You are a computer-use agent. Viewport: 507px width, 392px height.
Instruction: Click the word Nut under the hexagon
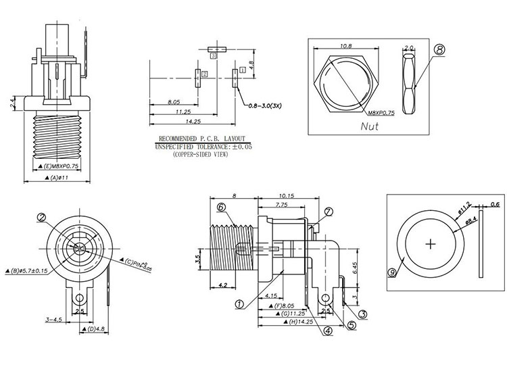tap(370, 126)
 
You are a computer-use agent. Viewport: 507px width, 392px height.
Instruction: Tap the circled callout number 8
tap(439, 50)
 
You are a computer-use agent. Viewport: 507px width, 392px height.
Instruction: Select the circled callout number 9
tap(393, 272)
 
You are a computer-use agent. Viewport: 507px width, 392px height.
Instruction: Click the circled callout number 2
tap(42, 218)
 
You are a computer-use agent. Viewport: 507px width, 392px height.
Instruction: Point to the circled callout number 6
tap(221, 206)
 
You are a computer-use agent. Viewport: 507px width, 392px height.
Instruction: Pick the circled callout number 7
tap(329, 212)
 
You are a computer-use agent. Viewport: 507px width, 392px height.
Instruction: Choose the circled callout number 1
tap(240, 304)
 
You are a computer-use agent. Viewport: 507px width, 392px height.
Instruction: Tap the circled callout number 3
tap(362, 314)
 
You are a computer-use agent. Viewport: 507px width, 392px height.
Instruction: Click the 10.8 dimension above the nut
tap(346, 46)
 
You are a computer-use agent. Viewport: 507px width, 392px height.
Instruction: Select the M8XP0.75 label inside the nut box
tap(383, 112)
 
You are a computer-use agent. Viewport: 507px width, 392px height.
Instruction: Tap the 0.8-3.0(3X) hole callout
tap(268, 106)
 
